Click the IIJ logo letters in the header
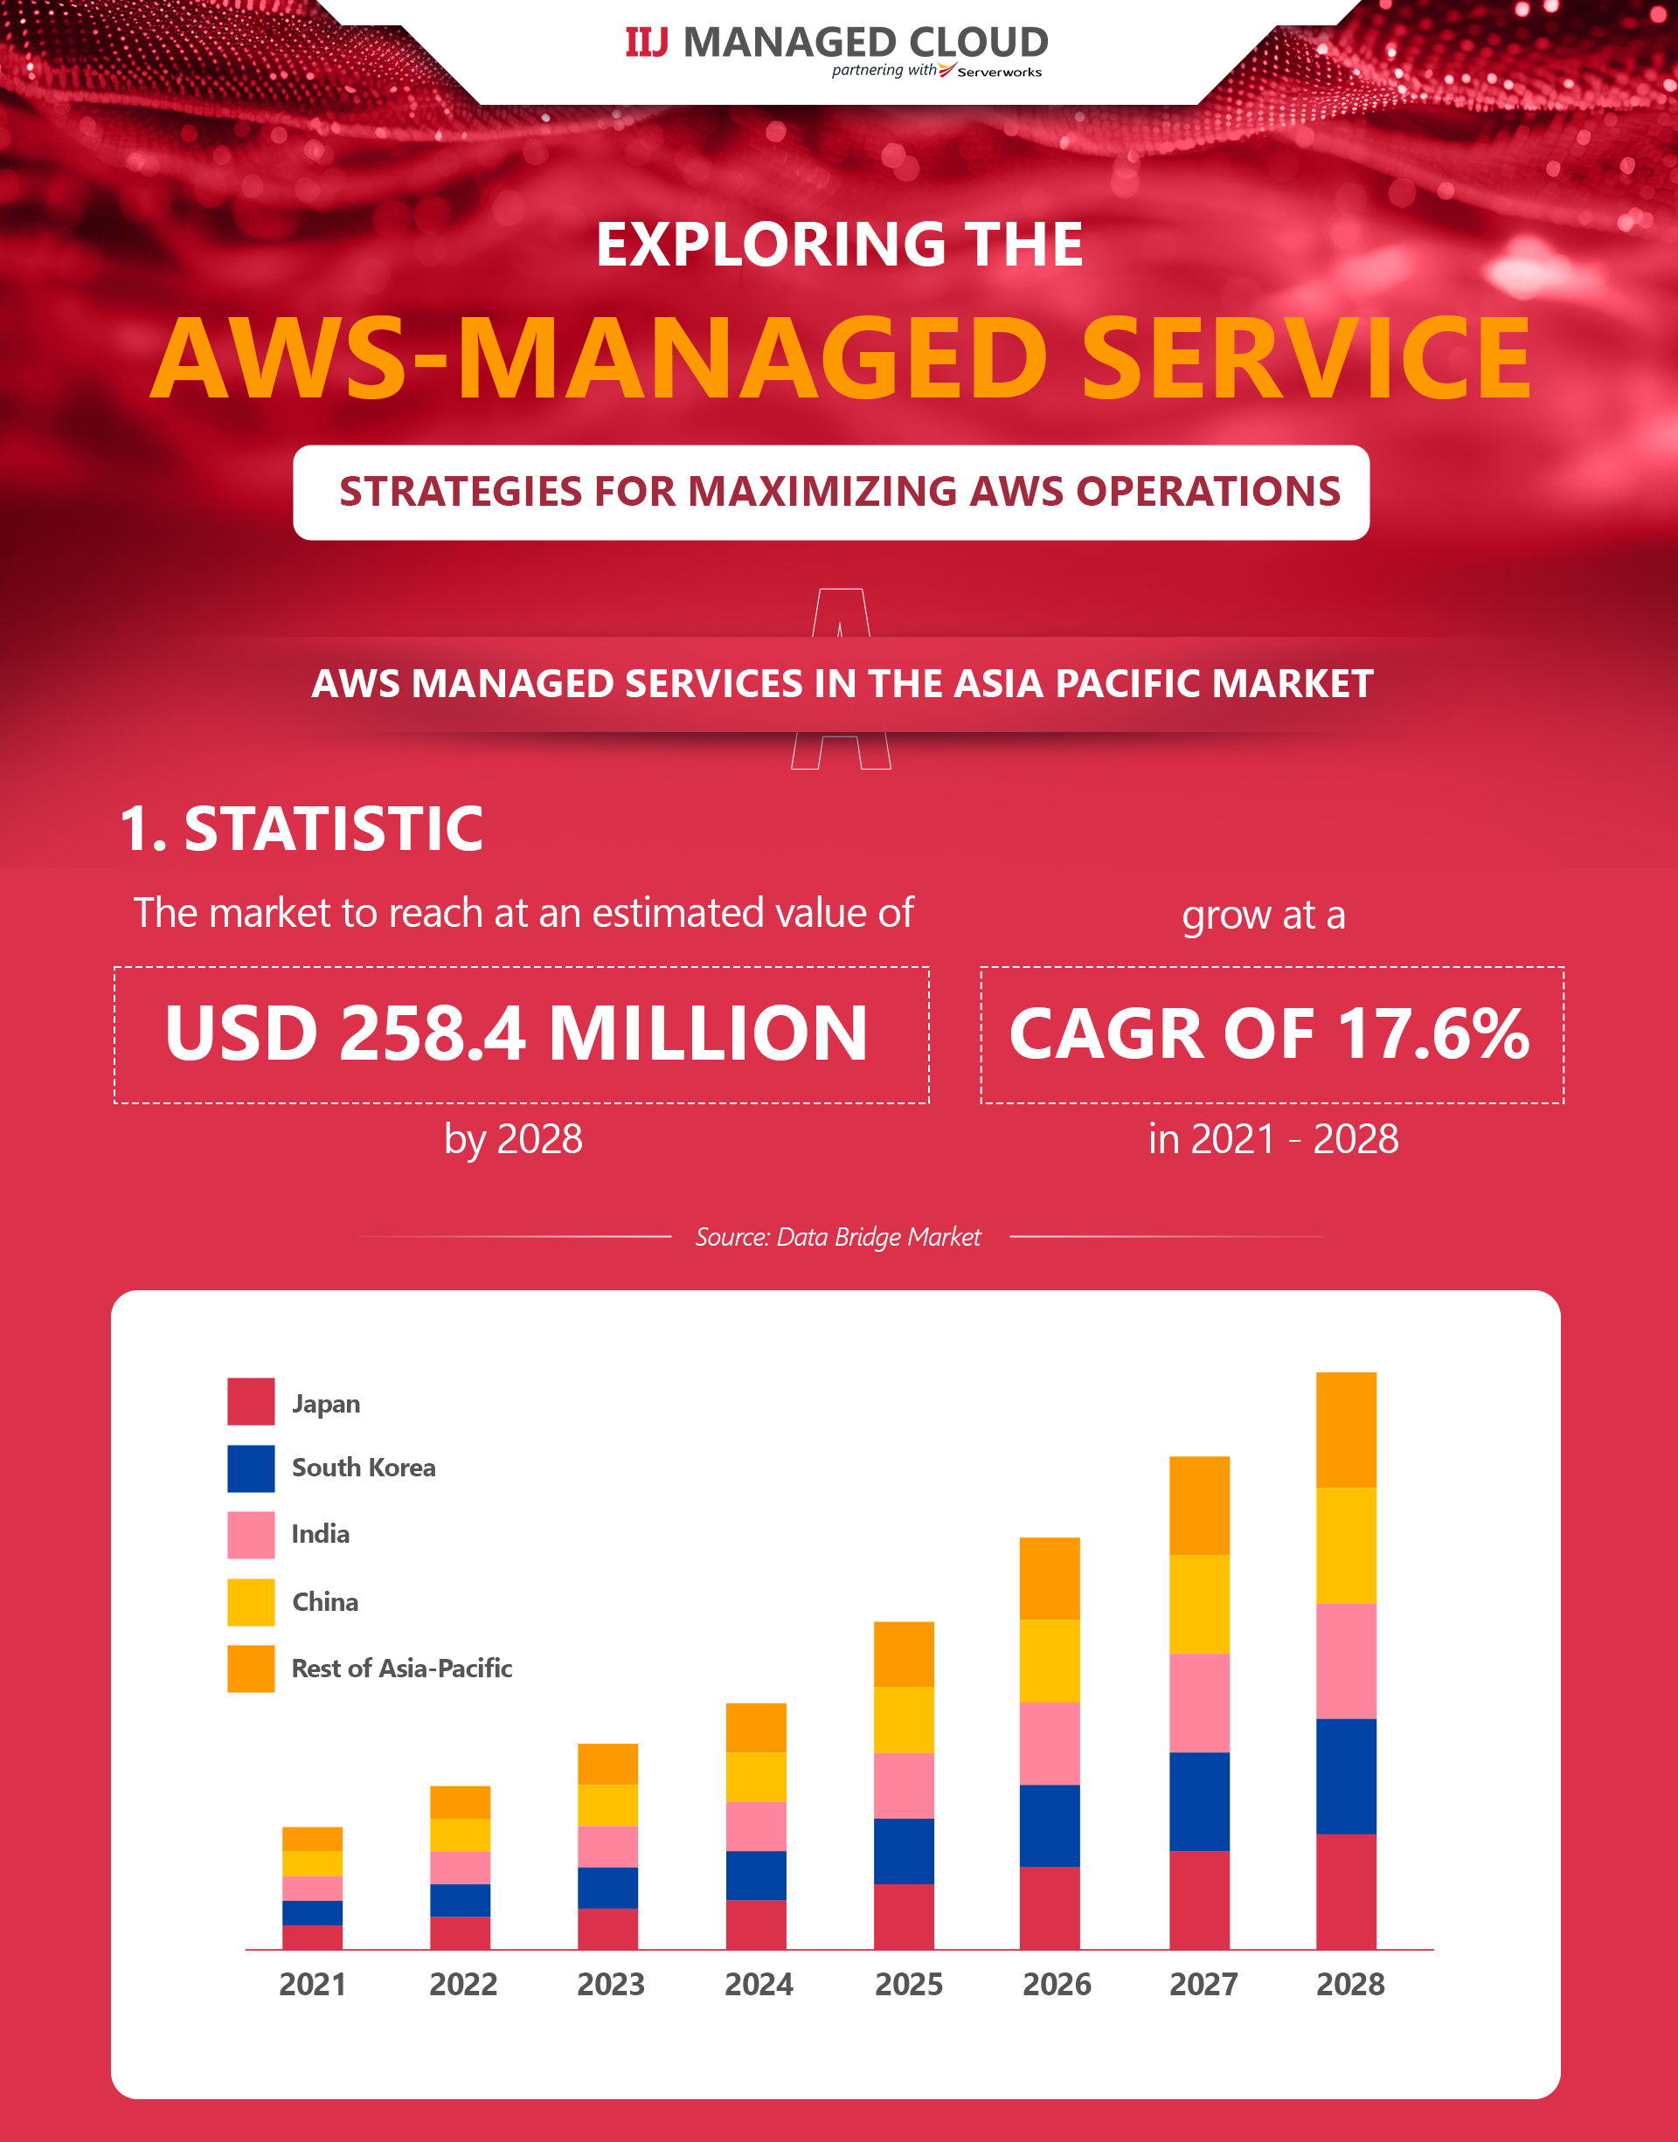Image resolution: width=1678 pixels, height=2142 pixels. click(647, 42)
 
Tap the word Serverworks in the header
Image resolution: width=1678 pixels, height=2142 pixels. click(999, 72)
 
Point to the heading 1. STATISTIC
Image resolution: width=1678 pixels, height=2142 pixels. click(301, 828)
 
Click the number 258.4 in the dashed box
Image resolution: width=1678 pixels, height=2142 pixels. click(433, 1033)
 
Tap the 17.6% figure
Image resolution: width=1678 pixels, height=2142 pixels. click(1433, 1033)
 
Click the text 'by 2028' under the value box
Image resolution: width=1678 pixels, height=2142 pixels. click(513, 1139)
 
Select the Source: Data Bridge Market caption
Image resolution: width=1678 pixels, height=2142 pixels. click(838, 1236)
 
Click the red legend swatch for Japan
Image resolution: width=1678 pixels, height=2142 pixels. click(251, 1401)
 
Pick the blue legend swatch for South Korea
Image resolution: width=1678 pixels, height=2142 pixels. click(251, 1468)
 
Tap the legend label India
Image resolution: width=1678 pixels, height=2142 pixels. click(320, 1534)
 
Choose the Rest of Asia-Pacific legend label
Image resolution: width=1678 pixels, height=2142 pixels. click(402, 1668)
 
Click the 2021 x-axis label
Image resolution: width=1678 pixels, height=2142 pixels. click(312, 1984)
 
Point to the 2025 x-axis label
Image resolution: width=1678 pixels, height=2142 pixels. click(909, 1984)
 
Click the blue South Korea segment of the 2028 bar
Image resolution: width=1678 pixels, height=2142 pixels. click(1346, 1776)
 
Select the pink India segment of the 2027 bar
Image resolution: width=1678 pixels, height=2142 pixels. click(1198, 1703)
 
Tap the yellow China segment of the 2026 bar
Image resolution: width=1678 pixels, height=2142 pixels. click(1050, 1661)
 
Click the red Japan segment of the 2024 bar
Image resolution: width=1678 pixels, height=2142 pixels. click(755, 1924)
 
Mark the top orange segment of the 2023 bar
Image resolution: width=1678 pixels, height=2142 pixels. click(607, 1764)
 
